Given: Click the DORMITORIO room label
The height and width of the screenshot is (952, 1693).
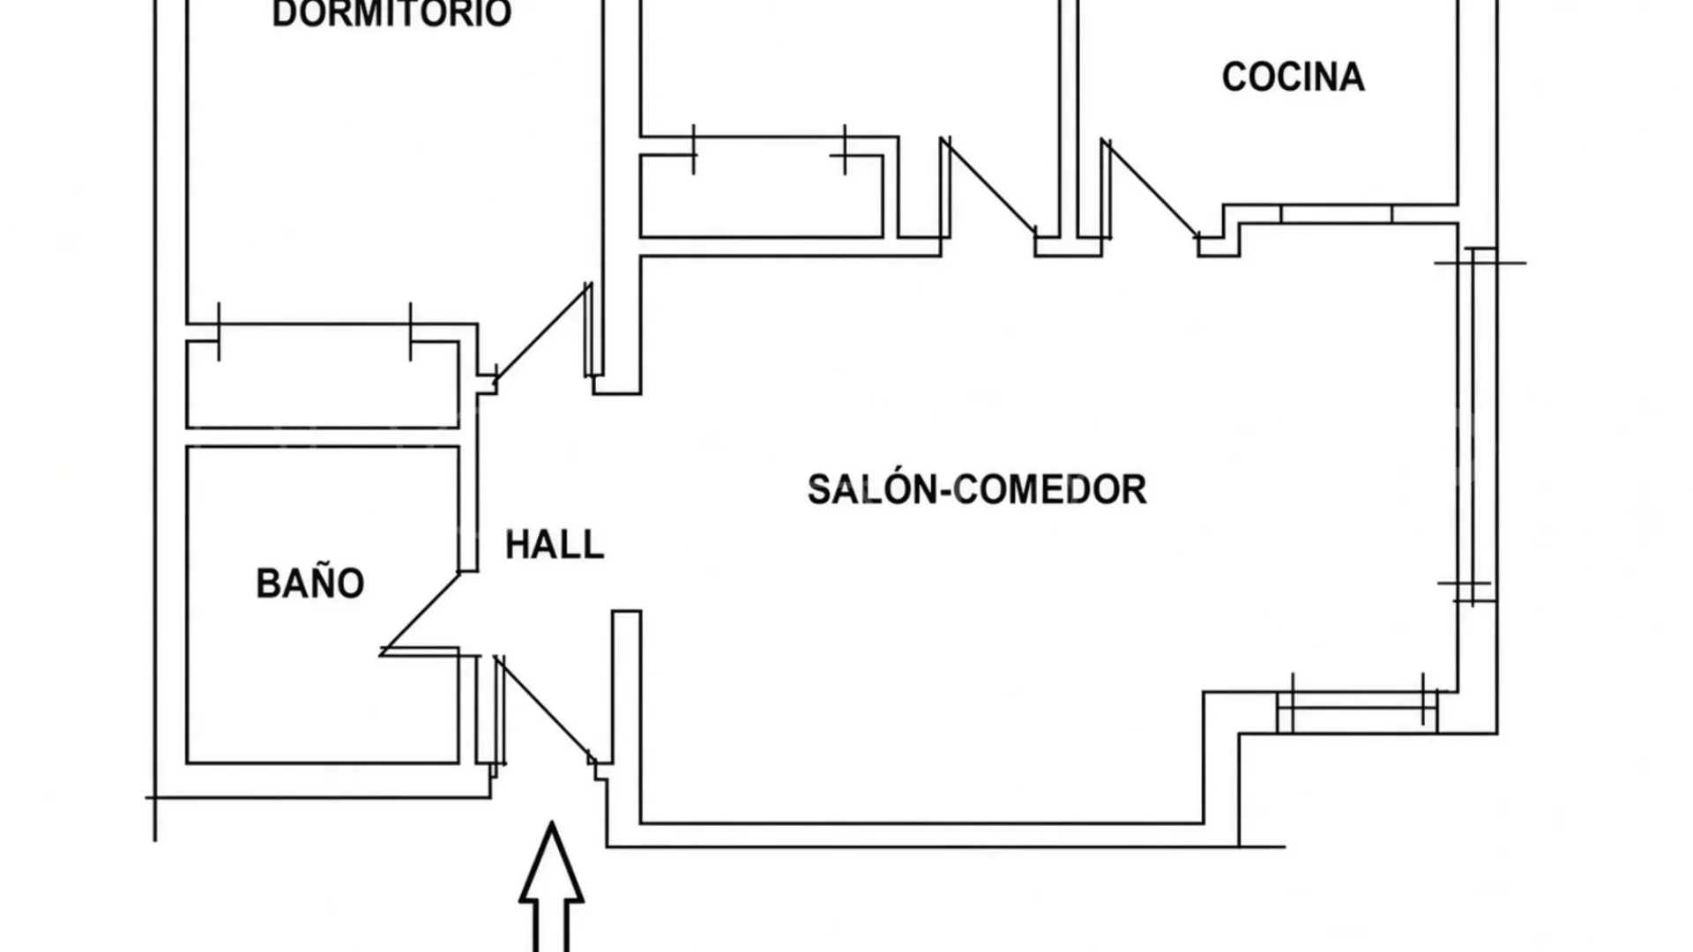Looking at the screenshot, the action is pos(392,14).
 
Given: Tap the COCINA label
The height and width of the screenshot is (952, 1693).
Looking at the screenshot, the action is pos(1293,78).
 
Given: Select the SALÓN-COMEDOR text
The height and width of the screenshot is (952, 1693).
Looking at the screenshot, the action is pos(977,489).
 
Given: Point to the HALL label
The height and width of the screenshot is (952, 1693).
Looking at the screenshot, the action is pos(555,545).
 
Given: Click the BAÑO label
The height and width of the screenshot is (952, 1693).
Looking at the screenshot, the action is pos(310,583).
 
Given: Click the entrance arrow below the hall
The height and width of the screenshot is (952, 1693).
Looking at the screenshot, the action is pos(552,886).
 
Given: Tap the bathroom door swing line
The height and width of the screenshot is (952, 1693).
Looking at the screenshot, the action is pos(421,613).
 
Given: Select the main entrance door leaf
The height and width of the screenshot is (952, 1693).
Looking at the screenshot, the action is pos(544,709).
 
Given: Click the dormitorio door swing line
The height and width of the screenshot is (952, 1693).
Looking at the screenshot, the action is pos(542,333).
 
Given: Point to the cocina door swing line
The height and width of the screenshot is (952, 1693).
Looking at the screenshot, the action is pos(1150,189).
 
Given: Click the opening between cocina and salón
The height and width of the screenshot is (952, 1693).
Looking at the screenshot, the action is pos(1336,214).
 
